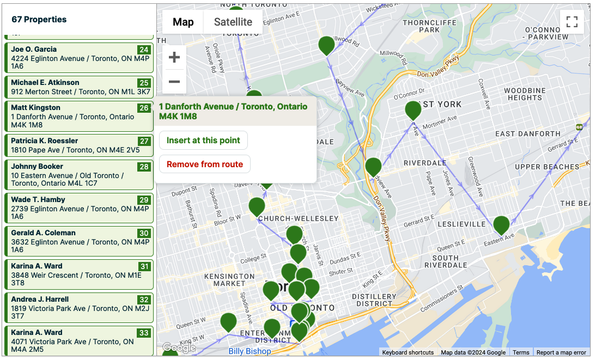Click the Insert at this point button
[203, 141]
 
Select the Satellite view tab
[233, 22]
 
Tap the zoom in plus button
[174, 57]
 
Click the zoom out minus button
[174, 82]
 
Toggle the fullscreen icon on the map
[571, 22]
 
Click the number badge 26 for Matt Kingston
[144, 108]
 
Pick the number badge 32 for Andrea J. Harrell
[144, 300]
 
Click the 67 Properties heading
[39, 20]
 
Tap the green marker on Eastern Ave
[501, 224]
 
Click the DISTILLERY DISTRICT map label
[372, 300]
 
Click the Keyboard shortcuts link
[408, 352]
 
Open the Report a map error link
[561, 352]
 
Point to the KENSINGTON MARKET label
[229, 280]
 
